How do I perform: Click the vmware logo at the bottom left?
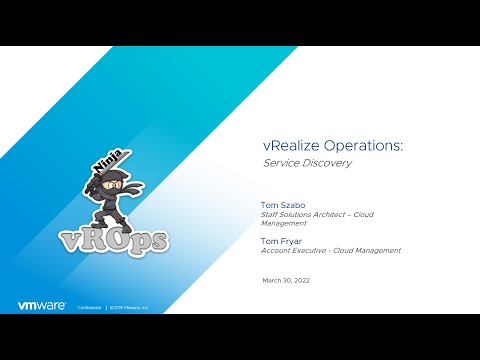[42, 306]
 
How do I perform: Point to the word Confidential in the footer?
[90, 308]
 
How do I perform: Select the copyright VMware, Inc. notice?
[129, 308]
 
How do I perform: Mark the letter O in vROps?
[123, 240]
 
